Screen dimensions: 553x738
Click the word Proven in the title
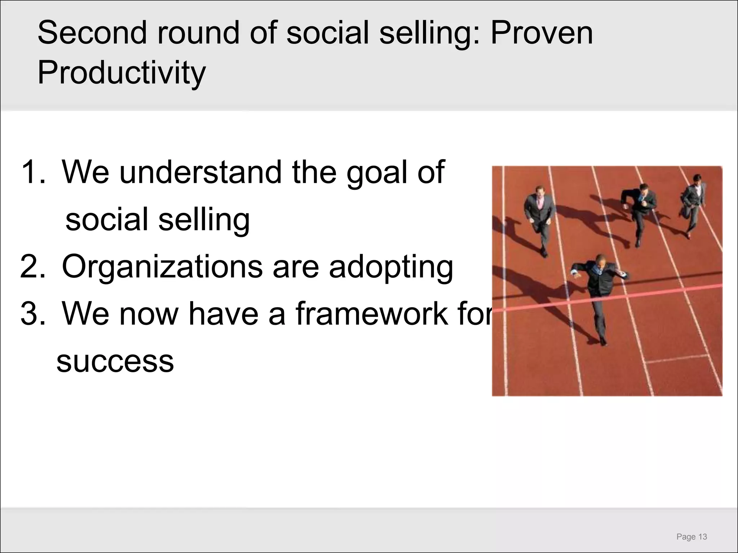pyautogui.click(x=542, y=33)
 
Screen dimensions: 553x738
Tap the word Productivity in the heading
pyautogui.click(x=121, y=73)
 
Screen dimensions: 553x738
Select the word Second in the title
pyautogui.click(x=92, y=33)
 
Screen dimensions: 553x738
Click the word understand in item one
pyautogui.click(x=200, y=172)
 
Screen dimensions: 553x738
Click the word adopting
pyautogui.click(x=391, y=268)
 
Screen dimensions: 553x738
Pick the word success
pyautogui.click(x=115, y=361)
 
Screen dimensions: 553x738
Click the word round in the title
pyautogui.click(x=197, y=33)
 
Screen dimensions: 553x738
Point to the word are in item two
pyautogui.click(x=296, y=268)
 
